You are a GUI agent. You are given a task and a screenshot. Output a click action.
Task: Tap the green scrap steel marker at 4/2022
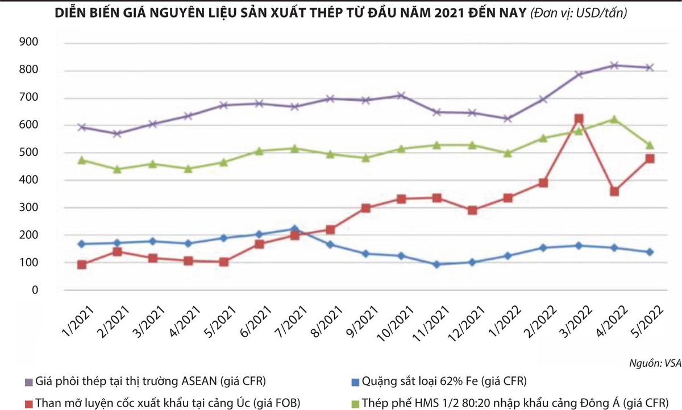[613, 119]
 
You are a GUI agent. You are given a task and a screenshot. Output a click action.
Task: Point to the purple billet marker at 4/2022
[613, 65]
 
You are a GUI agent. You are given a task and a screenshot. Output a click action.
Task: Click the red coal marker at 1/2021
[82, 264]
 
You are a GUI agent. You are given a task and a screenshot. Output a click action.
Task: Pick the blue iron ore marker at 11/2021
[436, 264]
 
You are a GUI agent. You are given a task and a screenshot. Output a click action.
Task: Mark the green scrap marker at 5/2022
[649, 145]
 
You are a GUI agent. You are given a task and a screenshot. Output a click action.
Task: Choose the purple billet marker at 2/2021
[118, 134]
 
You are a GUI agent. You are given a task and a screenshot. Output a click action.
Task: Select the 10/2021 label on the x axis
[392, 322]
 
